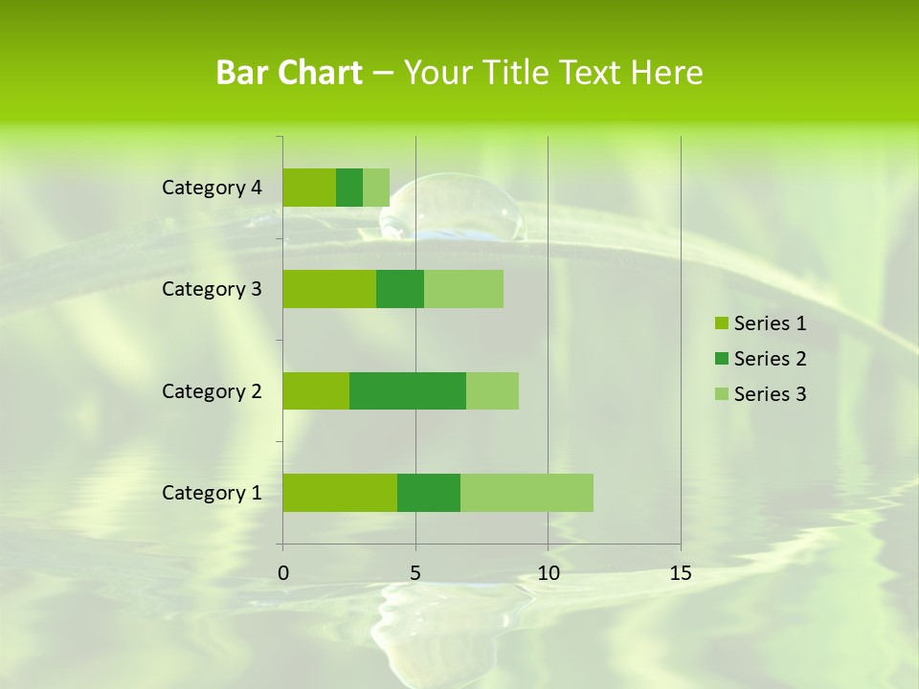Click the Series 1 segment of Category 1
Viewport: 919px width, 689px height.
340,493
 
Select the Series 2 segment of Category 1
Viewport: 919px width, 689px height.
429,493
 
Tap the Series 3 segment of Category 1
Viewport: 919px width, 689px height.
527,493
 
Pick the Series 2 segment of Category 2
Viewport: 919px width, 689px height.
408,390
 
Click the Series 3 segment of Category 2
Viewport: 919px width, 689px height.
492,390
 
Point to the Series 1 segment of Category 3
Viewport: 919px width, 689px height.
329,289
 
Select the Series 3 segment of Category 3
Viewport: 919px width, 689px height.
463,289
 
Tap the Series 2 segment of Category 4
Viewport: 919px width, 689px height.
349,188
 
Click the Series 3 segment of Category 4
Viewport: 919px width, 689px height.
376,188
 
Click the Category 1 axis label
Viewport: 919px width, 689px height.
212,493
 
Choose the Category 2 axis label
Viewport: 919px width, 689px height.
212,390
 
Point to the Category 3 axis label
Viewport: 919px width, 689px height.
212,289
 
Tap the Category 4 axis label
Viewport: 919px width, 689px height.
212,188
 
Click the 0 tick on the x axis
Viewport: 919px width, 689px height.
283,574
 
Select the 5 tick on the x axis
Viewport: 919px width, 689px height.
415,574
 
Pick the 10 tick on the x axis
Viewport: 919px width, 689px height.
548,574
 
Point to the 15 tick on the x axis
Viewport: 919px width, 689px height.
680,574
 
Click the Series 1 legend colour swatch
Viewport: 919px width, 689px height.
722,323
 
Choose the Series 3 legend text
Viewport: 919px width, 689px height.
770,394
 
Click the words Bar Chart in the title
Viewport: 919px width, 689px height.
289,73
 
